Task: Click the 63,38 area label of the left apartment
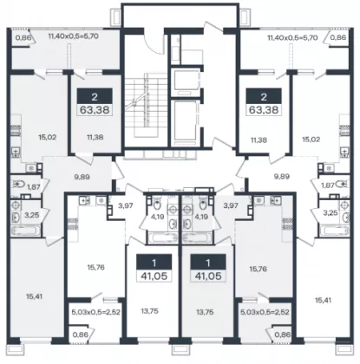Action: tap(95, 110)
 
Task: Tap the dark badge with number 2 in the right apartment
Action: tap(264, 96)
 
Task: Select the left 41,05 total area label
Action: tap(154, 276)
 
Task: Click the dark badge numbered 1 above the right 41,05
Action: tap(208, 263)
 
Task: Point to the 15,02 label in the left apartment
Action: tap(47, 137)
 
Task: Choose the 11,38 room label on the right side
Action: tap(259, 140)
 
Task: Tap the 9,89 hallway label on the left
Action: tap(82, 177)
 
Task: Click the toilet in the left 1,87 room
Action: tap(18, 184)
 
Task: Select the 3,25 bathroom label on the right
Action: tap(331, 213)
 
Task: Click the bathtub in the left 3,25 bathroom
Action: tap(26, 231)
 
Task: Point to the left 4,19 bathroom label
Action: tap(157, 217)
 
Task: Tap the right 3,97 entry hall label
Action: tap(231, 205)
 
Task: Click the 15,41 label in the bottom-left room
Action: tap(34, 296)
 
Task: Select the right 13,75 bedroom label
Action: tap(205, 311)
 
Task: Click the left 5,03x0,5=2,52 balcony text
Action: tap(95, 312)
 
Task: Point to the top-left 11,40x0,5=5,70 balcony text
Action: tap(74, 36)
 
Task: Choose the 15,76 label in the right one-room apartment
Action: tap(258, 270)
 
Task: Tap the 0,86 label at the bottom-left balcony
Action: tap(79, 335)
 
